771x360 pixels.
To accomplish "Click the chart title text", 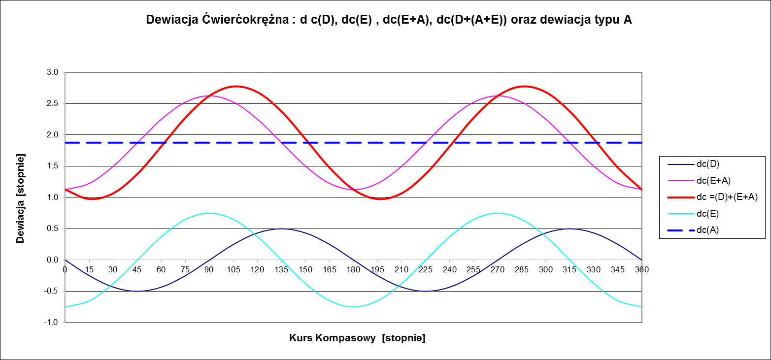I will [x=389, y=20].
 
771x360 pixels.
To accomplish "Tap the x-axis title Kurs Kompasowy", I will [x=357, y=338].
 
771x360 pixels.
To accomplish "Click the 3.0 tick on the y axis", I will [x=52, y=72].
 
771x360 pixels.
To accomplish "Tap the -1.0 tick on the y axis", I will [x=51, y=323].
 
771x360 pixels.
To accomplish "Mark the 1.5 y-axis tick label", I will [x=52, y=166].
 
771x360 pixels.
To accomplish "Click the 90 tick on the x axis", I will [x=209, y=269].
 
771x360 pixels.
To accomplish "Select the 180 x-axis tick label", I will [x=354, y=269].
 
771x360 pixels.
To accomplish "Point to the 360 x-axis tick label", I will [x=642, y=269].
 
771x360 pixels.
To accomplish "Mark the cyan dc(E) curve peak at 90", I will [x=209, y=213].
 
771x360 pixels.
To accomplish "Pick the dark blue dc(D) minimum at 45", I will [x=137, y=291].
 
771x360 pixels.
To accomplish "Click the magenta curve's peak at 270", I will [x=498, y=96].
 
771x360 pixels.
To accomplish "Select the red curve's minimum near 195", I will [x=379, y=199].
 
